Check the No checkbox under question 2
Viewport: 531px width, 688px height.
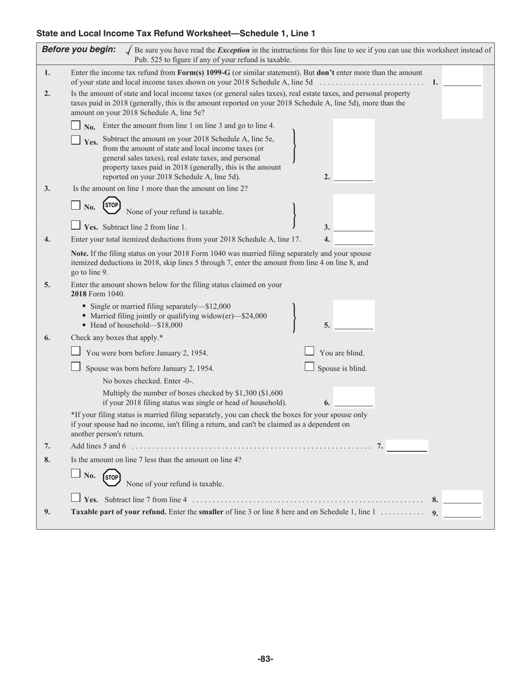(x=76, y=125)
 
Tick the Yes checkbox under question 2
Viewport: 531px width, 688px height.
(x=76, y=140)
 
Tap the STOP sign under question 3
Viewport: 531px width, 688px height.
(x=112, y=205)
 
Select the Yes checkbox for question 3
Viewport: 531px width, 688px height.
(x=76, y=225)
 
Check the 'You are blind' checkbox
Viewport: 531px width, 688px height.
(x=309, y=351)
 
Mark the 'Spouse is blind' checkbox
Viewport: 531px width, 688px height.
(x=309, y=367)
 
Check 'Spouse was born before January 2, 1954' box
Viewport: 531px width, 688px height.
(x=76, y=367)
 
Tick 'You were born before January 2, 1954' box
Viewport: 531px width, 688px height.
(x=76, y=351)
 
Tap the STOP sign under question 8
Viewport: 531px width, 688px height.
(x=112, y=477)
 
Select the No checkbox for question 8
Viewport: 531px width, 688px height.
(x=76, y=473)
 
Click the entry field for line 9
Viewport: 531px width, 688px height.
(x=462, y=512)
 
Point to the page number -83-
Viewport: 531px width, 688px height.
(x=265, y=659)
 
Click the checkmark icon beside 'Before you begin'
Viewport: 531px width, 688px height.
(x=129, y=50)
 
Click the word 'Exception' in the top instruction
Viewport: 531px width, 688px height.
(x=234, y=50)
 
